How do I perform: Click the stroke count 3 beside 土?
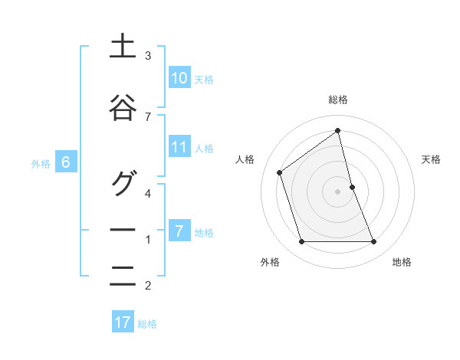pos(148,56)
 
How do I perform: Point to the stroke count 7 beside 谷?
pos(148,116)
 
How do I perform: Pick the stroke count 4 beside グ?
pos(148,193)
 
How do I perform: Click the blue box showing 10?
pos(179,78)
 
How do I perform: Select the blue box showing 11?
pos(179,147)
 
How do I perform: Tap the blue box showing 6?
pos(66,162)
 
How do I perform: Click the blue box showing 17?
pos(123,322)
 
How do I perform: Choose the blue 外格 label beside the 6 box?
pos(41,163)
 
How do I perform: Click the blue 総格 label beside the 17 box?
pos(147,324)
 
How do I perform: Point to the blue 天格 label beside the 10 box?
pos(203,79)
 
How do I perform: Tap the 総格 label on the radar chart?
pos(338,100)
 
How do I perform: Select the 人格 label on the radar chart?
pos(245,159)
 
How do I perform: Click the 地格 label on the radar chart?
pos(402,262)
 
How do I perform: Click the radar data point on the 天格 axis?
pos(352,187)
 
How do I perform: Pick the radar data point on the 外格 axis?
pos(301,242)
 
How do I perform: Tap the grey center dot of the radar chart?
pos(338,191)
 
